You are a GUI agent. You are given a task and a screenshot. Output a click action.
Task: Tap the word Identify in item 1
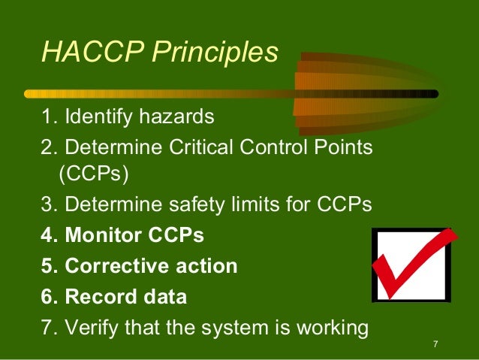[x=97, y=118]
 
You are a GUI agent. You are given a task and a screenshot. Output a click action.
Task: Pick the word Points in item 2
[x=343, y=147]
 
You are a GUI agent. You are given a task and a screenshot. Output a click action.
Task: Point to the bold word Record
[x=97, y=297]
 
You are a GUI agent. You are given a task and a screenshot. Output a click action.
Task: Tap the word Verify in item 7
[x=90, y=328]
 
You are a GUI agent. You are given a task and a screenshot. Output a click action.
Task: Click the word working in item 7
[x=333, y=328]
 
